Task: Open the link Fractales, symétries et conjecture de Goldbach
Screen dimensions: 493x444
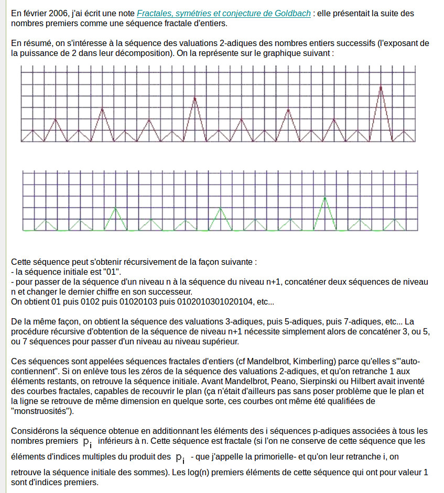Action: [223, 14]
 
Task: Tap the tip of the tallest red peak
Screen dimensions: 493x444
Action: [381, 86]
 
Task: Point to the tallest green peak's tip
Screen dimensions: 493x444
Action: [326, 197]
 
